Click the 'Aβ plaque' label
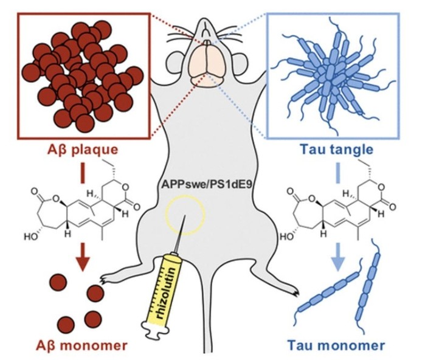83,150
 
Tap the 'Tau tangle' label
337,150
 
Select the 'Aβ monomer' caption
81,345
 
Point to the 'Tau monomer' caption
336,345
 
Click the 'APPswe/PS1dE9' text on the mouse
207,185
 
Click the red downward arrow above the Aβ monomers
83,257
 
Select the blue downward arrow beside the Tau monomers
338,257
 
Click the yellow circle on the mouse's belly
185,215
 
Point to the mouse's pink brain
207,66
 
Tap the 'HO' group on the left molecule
30,237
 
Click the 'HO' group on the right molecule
285,237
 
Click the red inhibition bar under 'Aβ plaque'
83,173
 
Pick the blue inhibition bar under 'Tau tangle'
338,173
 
